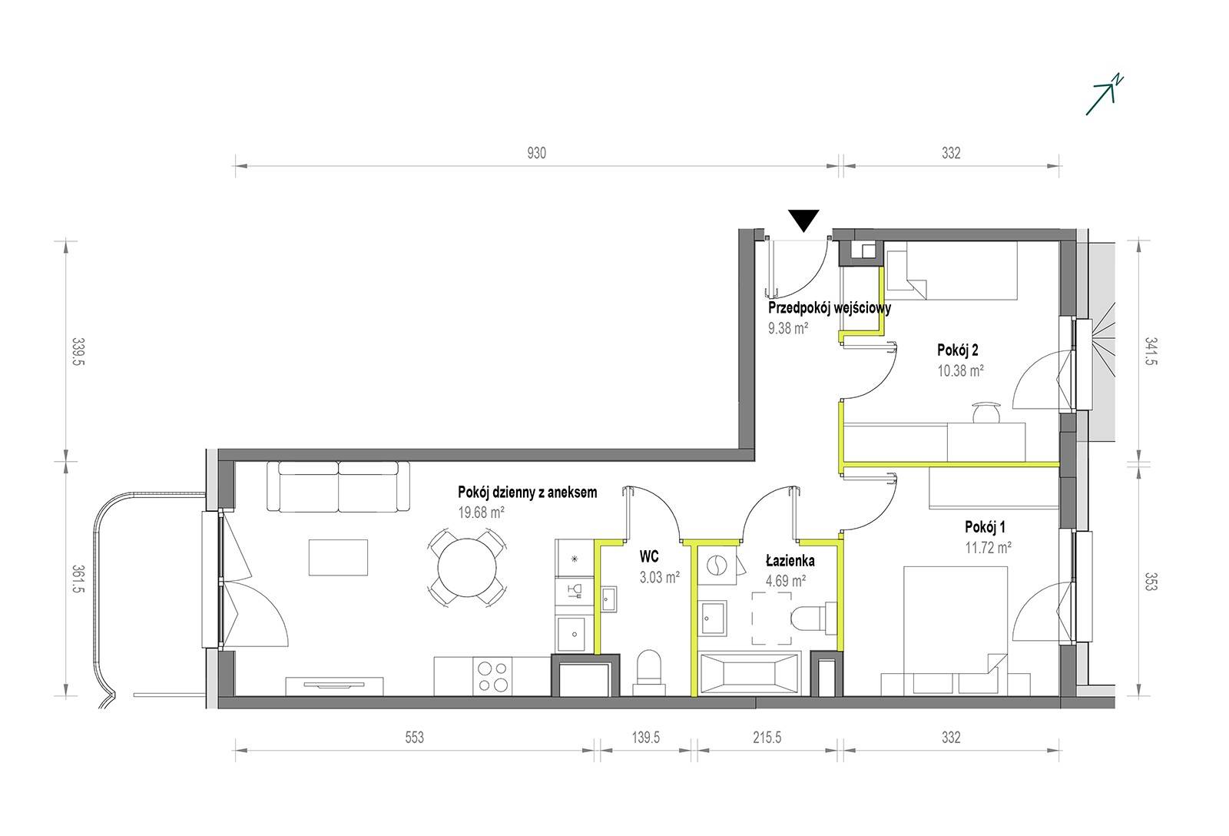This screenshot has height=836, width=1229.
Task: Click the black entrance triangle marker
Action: click(x=803, y=220)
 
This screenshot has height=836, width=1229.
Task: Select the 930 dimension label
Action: click(x=537, y=153)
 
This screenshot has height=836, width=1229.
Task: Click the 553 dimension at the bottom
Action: click(x=414, y=737)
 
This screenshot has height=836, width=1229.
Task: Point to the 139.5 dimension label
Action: click(x=645, y=737)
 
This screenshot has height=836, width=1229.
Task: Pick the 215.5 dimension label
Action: click(x=767, y=737)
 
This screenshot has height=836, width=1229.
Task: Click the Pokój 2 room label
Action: click(x=957, y=350)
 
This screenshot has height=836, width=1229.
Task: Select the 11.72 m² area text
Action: click(x=988, y=547)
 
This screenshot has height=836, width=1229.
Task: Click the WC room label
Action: click(x=648, y=556)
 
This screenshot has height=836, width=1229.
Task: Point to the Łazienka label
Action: click(x=790, y=561)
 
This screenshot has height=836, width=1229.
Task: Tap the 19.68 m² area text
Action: click(x=481, y=513)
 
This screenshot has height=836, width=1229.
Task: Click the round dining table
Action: click(x=467, y=568)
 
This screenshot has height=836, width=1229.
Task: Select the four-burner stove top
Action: click(x=492, y=676)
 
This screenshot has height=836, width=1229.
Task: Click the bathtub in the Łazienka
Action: click(x=750, y=674)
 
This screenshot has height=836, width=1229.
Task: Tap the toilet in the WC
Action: click(x=649, y=673)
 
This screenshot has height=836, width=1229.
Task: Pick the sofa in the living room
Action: click(x=339, y=486)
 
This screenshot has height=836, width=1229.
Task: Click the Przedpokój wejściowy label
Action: click(x=830, y=308)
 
